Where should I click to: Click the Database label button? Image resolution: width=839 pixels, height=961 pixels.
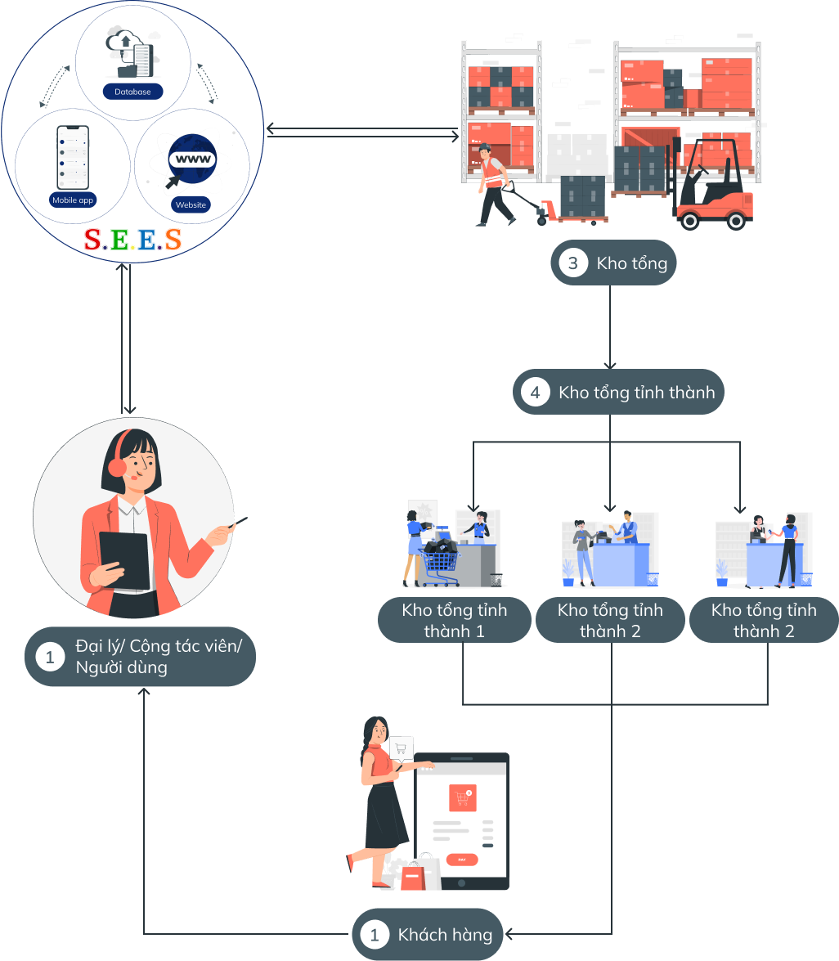click(x=132, y=92)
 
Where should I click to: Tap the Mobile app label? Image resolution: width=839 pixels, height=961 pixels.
click(x=73, y=200)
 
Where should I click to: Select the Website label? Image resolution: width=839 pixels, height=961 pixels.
click(x=191, y=204)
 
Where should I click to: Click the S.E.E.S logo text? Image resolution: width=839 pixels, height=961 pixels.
click(x=132, y=239)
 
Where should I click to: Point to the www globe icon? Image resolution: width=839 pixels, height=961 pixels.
click(x=192, y=159)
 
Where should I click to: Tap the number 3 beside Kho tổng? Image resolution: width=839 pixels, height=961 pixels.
click(x=573, y=263)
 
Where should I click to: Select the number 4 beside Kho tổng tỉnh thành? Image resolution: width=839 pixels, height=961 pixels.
click(x=536, y=393)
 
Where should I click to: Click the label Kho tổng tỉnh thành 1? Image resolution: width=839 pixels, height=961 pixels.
click(x=455, y=621)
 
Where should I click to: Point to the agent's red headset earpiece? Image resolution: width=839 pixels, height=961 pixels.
click(x=117, y=467)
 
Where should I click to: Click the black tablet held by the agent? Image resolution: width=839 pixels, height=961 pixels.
click(x=123, y=559)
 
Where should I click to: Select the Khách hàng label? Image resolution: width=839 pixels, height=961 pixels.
click(x=445, y=935)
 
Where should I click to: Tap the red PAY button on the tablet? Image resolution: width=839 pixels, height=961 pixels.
click(x=462, y=860)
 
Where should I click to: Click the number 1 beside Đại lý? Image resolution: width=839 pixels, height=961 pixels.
click(x=50, y=657)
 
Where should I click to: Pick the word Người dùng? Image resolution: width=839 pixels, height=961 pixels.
click(x=121, y=667)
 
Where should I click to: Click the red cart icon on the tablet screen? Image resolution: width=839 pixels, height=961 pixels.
click(x=462, y=798)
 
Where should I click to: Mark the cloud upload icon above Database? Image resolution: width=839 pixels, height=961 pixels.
click(x=125, y=41)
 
